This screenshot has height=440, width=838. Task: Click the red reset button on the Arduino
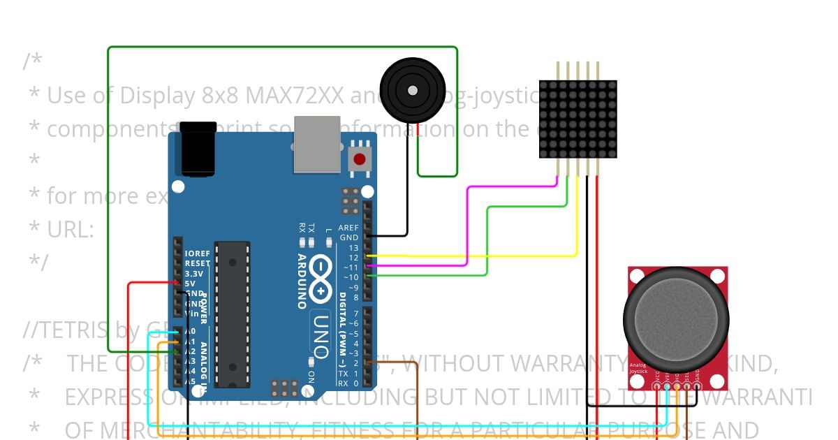(x=360, y=159)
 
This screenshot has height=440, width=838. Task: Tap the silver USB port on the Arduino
(x=317, y=144)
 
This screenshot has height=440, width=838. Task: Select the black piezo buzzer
(x=413, y=90)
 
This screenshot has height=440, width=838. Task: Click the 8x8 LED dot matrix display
(x=578, y=119)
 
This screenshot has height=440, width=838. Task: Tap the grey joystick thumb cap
(x=676, y=322)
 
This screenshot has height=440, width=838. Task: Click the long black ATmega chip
(x=232, y=314)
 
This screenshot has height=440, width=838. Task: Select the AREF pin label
(x=348, y=228)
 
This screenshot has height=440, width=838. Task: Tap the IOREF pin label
(x=198, y=254)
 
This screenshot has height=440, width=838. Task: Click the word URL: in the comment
(x=71, y=229)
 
